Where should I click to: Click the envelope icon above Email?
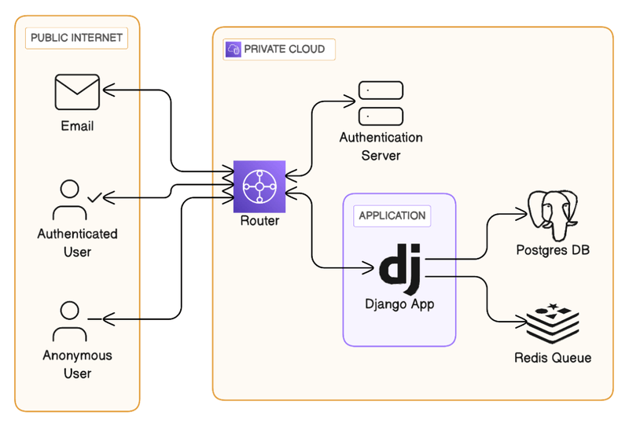[x=77, y=92]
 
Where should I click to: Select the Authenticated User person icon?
[x=70, y=201]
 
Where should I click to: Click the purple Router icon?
[x=259, y=186]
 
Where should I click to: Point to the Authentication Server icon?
[x=381, y=103]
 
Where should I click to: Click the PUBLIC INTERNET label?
[x=76, y=38]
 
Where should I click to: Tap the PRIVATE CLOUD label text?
[x=285, y=49]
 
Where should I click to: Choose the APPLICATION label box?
[x=392, y=215]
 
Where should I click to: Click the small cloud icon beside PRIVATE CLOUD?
[x=233, y=49]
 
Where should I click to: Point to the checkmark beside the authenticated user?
[x=95, y=197]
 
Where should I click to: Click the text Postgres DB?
[x=554, y=251]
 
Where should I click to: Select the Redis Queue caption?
[x=553, y=359]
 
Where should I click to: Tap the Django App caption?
[x=399, y=304]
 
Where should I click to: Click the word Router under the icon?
[x=259, y=221]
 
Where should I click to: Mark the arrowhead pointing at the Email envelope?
[x=108, y=92]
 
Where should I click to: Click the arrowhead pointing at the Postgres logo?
[x=522, y=213]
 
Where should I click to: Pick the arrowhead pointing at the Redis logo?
[x=521, y=322]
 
